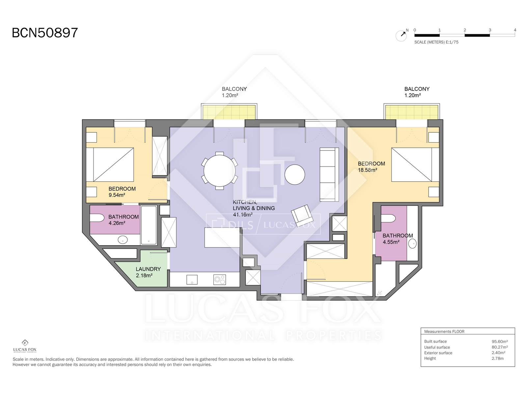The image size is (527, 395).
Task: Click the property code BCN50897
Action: [x=45, y=33]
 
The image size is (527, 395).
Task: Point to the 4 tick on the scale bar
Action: [x=515, y=30]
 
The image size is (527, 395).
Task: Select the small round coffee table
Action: [x=294, y=174]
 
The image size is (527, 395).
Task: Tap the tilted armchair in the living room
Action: [x=302, y=215]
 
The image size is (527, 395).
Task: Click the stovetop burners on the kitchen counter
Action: [x=219, y=279]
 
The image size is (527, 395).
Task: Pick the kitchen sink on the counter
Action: [x=192, y=280]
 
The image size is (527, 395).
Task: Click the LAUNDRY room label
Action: [x=148, y=269]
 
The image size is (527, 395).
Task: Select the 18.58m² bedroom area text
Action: [x=367, y=170]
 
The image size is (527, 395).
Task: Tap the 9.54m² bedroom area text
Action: [x=117, y=195]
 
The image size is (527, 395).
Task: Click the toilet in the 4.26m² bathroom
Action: [x=97, y=218]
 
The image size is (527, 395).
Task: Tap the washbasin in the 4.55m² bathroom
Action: [x=412, y=244]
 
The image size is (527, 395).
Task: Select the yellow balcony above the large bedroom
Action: [x=411, y=112]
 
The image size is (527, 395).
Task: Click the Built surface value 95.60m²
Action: [x=499, y=341]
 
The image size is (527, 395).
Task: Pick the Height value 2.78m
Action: [x=497, y=358]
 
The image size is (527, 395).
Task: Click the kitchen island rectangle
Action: [x=222, y=237]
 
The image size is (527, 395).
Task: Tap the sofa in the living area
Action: [x=329, y=174]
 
